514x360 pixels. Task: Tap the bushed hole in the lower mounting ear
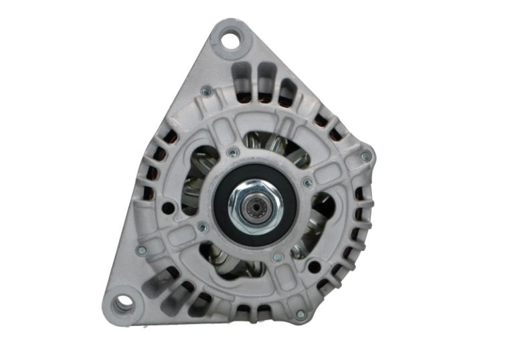tap(122, 304)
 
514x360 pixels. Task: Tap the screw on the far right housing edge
tap(365, 156)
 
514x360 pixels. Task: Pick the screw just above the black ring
tap(232, 153)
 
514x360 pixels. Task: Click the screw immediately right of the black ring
tap(307, 183)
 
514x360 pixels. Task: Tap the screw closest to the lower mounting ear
tap(142, 250)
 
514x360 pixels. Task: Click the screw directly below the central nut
tap(276, 256)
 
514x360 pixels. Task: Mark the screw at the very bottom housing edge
tap(300, 314)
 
